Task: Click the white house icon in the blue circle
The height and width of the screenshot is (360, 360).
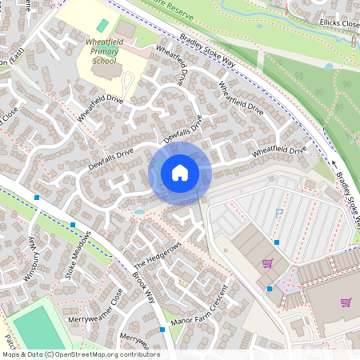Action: tap(180, 172)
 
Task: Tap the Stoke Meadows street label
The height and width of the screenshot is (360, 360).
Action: tap(78, 255)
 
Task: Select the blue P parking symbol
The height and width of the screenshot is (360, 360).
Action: tap(279, 214)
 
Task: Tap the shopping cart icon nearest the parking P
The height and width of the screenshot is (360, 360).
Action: tap(267, 262)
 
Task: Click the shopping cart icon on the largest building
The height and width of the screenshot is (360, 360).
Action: tap(346, 302)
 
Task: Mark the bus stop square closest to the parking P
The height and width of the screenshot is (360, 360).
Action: tap(277, 242)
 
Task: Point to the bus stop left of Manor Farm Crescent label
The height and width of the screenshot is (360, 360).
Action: tap(162, 329)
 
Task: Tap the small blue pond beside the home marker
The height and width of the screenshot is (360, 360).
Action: tap(140, 211)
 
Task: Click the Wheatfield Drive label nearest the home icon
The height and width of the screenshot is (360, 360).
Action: tap(279, 150)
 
